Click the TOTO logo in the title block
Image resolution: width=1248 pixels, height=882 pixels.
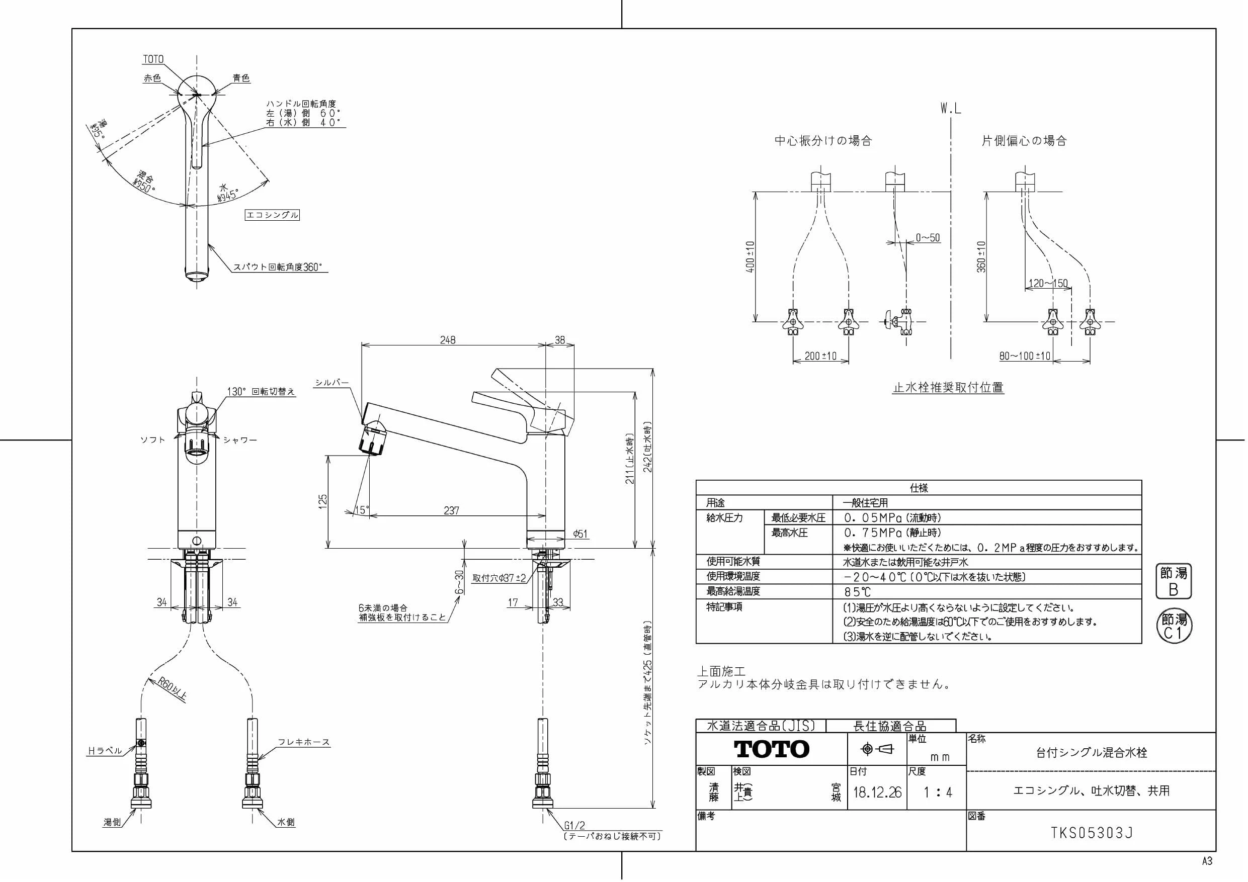pos(771,749)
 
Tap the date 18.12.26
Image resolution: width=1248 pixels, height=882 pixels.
pos(877,792)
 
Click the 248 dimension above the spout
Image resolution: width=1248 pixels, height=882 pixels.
pos(447,340)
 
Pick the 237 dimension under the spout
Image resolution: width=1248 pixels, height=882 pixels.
pos(451,511)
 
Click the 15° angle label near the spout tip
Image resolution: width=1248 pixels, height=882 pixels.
pos(362,510)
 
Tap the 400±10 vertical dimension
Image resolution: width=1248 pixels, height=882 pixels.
pos(751,256)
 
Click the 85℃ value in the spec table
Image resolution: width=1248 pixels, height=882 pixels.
pos(857,592)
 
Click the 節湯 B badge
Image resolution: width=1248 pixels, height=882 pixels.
pos(1174,581)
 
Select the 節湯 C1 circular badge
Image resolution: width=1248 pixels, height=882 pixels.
pos(1174,626)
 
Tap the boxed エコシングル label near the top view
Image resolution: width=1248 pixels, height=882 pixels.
pos(272,215)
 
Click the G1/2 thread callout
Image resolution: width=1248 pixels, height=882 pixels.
pos(574,826)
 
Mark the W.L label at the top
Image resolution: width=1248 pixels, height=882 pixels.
pos(951,109)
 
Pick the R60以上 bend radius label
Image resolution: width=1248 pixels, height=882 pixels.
pos(173,689)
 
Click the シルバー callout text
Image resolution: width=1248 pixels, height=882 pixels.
pos(331,383)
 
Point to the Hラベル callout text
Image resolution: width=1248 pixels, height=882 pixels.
pos(105,751)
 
